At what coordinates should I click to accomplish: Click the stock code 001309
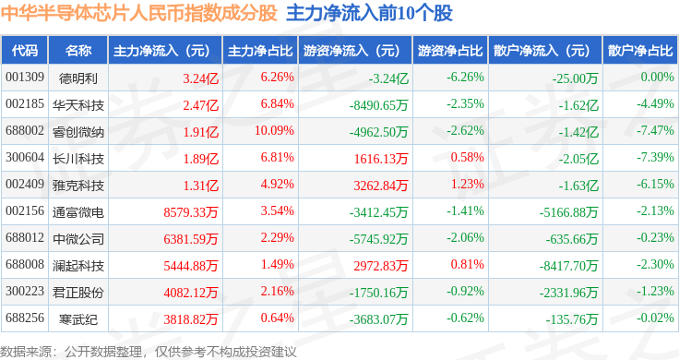tap(25, 78)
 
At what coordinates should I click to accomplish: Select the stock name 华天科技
tap(78, 105)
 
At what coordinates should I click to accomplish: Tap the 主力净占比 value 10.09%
tap(274, 130)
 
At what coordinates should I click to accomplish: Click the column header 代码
tap(25, 51)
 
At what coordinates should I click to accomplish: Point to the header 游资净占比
tap(450, 51)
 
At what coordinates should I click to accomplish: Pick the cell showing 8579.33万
tap(191, 211)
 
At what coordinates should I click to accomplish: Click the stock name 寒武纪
tap(78, 319)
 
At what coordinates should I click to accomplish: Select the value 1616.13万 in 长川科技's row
tap(381, 159)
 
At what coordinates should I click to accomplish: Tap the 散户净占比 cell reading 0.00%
tap(658, 78)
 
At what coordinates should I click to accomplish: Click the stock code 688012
tap(25, 237)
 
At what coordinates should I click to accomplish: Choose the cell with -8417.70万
tap(568, 266)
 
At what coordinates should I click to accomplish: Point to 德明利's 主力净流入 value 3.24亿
tap(200, 78)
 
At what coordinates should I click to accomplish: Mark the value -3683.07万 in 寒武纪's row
tap(379, 319)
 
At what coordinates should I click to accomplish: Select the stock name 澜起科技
tap(78, 266)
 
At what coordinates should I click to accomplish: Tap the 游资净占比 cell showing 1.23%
tap(467, 184)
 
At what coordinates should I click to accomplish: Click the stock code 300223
tap(25, 291)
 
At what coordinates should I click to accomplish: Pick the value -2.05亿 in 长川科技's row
tap(578, 159)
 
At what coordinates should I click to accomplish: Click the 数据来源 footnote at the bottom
tap(149, 352)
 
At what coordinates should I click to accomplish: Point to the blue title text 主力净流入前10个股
tap(369, 13)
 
